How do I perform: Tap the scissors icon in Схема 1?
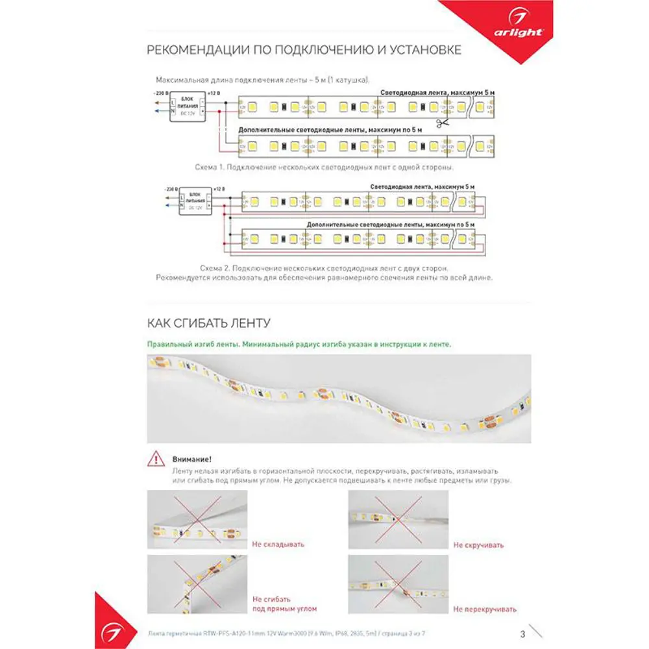click(x=442, y=123)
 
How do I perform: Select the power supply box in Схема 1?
click(x=187, y=106)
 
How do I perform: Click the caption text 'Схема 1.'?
click(x=210, y=167)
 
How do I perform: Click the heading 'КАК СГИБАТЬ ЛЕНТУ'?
click(x=208, y=323)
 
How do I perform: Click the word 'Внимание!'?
click(x=193, y=459)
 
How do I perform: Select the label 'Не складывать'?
click(x=278, y=545)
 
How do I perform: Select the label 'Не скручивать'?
click(x=478, y=545)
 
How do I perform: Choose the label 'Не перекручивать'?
click(x=485, y=609)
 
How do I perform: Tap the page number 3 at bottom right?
click(x=522, y=634)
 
